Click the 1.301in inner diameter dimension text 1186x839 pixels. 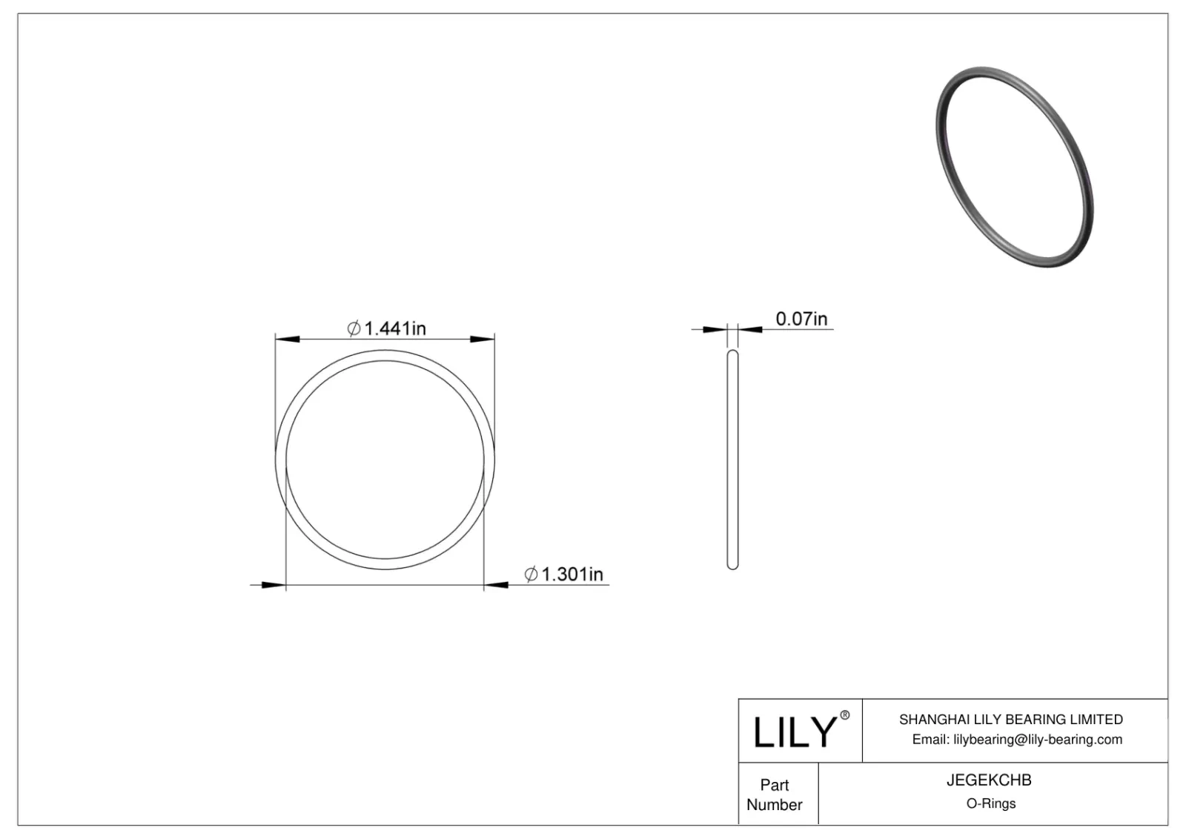pyautogui.click(x=572, y=574)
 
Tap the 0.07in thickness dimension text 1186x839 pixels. pyautogui.click(x=801, y=319)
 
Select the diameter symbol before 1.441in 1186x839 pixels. pyautogui.click(x=354, y=328)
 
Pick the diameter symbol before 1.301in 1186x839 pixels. pyautogui.click(x=531, y=574)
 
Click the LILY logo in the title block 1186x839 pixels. pyautogui.click(x=795, y=732)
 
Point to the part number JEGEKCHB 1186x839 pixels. pyautogui.click(x=989, y=780)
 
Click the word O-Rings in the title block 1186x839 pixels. pyautogui.click(x=990, y=803)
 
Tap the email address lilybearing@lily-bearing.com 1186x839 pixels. pyautogui.click(x=1038, y=739)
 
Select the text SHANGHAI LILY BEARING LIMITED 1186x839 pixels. pyautogui.click(x=1010, y=719)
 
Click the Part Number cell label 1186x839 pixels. pyautogui.click(x=775, y=795)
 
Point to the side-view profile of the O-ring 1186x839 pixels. pyautogui.click(x=732, y=460)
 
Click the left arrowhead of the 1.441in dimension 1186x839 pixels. pyautogui.click(x=287, y=339)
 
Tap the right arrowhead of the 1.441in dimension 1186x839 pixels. pyautogui.click(x=483, y=339)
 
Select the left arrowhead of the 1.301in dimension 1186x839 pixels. pyautogui.click(x=274, y=586)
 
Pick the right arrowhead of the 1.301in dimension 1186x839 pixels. pyautogui.click(x=496, y=586)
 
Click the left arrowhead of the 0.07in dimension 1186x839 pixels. pyautogui.click(x=715, y=329)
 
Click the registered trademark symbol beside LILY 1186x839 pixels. pyautogui.click(x=845, y=716)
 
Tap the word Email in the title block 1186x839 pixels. pyautogui.click(x=930, y=739)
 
